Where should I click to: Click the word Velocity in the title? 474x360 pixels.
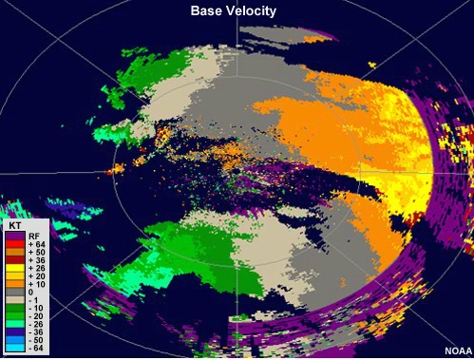[255, 10]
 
